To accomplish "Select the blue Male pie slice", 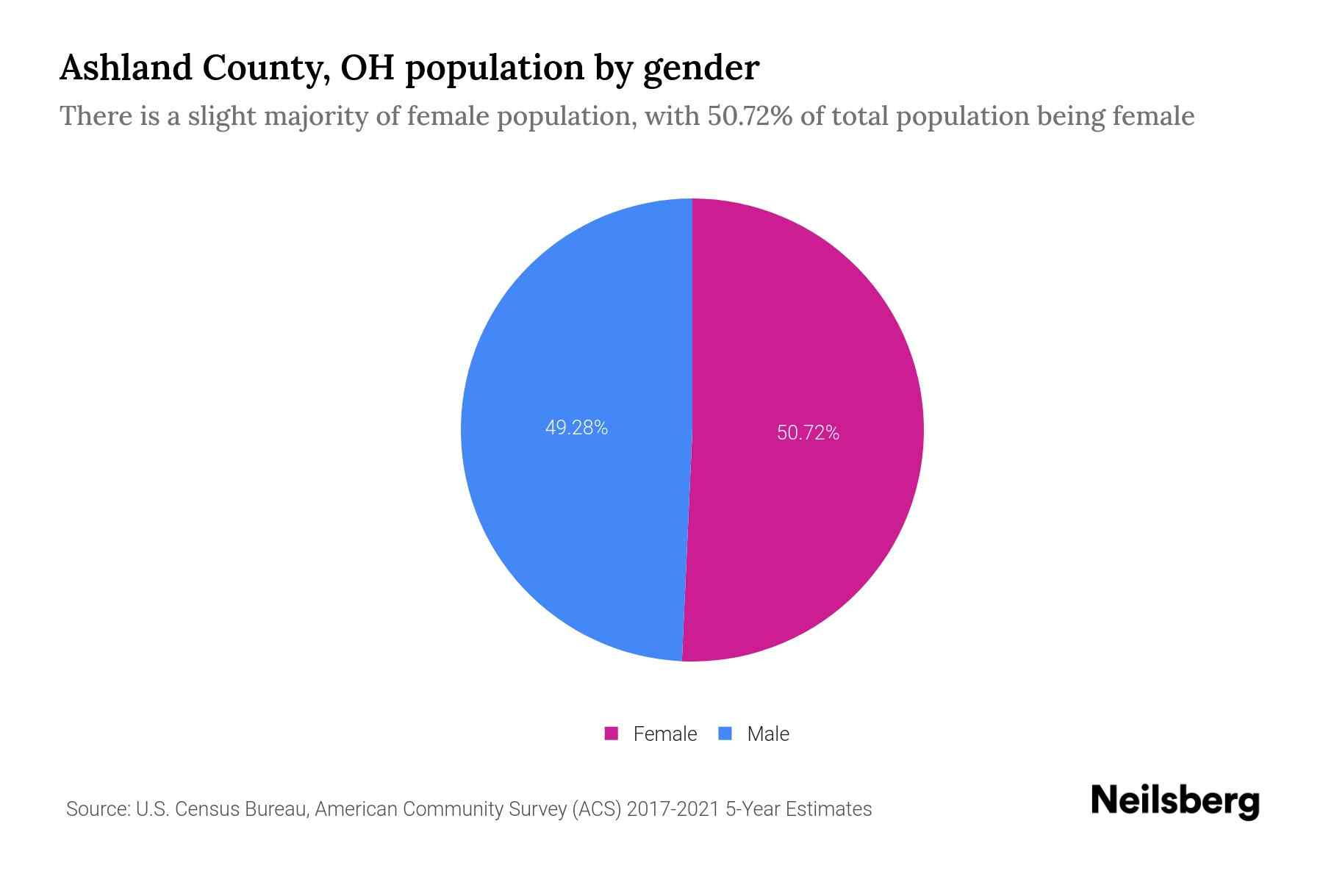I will click(x=573, y=514).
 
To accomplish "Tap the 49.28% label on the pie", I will click(x=576, y=428).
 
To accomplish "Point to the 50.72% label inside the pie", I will click(x=808, y=433).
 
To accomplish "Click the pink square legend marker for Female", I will click(x=611, y=734).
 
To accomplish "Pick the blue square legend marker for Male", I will click(x=725, y=734).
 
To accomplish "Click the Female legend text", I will click(x=664, y=734).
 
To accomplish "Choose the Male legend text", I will click(x=767, y=734).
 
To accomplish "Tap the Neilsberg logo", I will click(x=1175, y=800).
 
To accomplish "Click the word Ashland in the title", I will click(x=125, y=68).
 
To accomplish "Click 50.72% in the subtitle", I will click(x=750, y=116).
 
